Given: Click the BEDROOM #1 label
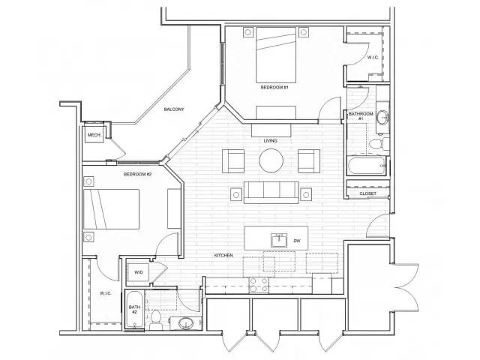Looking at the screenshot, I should click(x=274, y=88).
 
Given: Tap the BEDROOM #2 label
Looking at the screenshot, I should click(x=138, y=174).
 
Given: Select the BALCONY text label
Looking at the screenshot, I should click(x=175, y=109).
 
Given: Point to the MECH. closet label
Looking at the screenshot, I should click(x=94, y=135).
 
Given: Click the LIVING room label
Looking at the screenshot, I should click(x=271, y=140).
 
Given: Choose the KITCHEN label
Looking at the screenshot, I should click(x=223, y=256).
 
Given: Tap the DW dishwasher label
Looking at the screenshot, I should click(x=296, y=241).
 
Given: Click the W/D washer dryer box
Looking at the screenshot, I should click(x=139, y=272).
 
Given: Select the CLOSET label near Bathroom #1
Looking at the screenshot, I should click(x=367, y=193).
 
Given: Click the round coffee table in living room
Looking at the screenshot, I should click(x=271, y=160).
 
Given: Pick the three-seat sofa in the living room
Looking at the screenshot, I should click(x=271, y=192).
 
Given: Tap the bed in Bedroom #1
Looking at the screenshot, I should click(x=275, y=55).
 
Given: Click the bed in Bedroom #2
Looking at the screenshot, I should click(x=112, y=209).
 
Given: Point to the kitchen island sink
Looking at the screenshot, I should click(x=278, y=240).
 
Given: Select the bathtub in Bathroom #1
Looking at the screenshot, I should click(x=367, y=166).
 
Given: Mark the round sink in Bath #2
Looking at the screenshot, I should click(x=185, y=324).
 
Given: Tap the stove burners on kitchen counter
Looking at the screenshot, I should click(x=259, y=284).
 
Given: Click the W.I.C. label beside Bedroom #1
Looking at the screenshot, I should click(x=373, y=57).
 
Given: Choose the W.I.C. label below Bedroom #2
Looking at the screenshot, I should click(x=104, y=293).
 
